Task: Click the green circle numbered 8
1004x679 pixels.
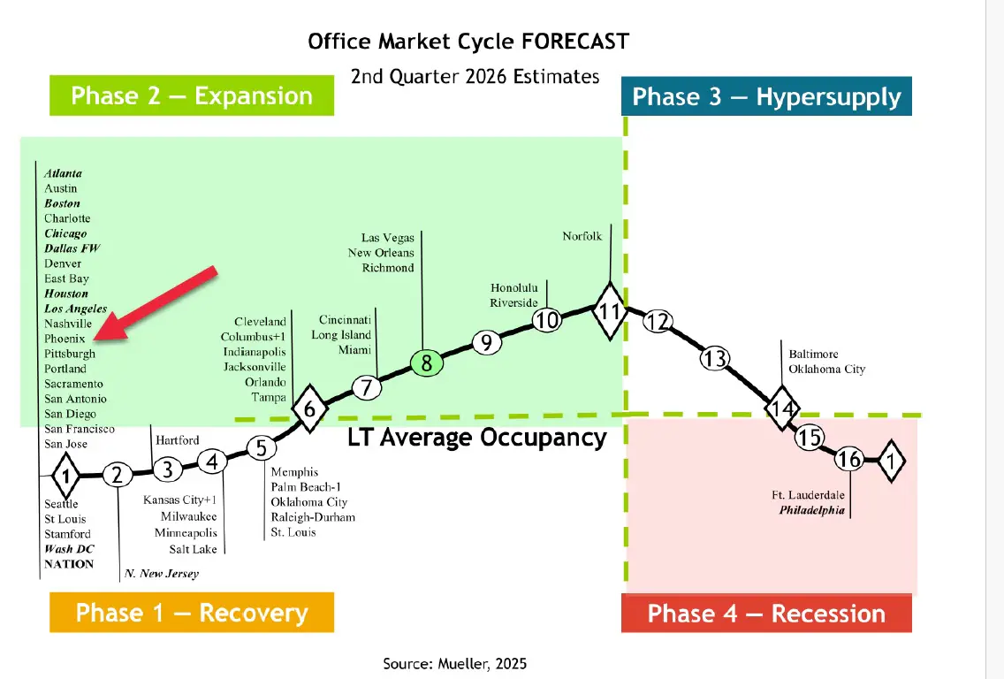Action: pyautogui.click(x=426, y=362)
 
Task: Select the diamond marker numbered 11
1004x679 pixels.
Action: pyautogui.click(x=609, y=310)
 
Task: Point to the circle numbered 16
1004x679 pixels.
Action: pyautogui.click(x=849, y=459)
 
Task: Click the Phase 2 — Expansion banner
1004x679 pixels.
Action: pyautogui.click(x=192, y=95)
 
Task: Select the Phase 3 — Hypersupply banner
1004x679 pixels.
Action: pyautogui.click(x=766, y=96)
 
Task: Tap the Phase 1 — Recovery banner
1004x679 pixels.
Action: pyautogui.click(x=192, y=613)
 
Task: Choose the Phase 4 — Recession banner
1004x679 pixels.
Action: pyautogui.click(x=766, y=614)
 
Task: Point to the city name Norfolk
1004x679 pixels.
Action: pyautogui.click(x=582, y=236)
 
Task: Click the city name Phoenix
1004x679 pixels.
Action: pyautogui.click(x=65, y=339)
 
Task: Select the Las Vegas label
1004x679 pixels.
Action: pyautogui.click(x=387, y=238)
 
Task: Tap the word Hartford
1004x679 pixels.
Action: pyautogui.click(x=178, y=440)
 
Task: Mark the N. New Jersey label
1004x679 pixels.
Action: pyautogui.click(x=162, y=574)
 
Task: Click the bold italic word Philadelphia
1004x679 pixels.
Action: pyautogui.click(x=811, y=510)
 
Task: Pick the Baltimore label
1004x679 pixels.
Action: pyautogui.click(x=814, y=355)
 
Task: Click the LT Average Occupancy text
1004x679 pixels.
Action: pyautogui.click(x=476, y=438)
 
